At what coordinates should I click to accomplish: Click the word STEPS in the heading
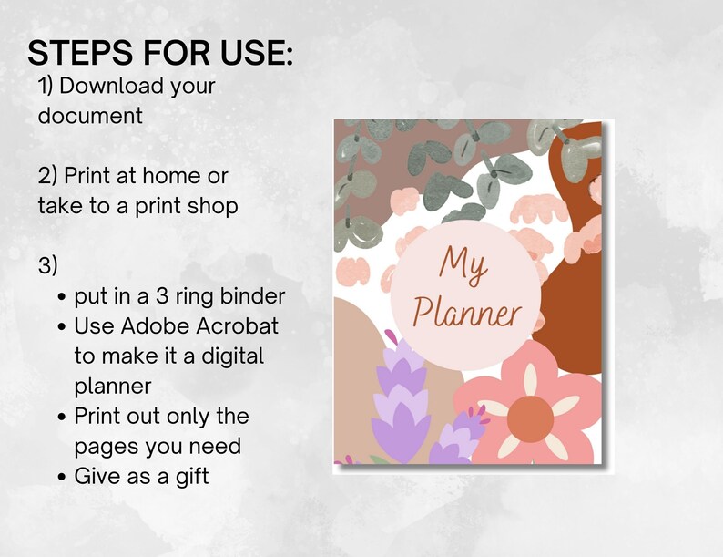[80, 53]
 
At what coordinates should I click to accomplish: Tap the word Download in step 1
[114, 87]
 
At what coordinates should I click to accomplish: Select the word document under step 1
[90, 116]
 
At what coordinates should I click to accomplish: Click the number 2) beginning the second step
[47, 175]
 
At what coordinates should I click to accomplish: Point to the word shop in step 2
[211, 205]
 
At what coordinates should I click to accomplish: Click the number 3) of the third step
[47, 265]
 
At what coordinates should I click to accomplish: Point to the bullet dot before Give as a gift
[61, 477]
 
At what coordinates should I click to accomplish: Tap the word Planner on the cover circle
[465, 314]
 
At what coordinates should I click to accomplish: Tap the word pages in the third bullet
[102, 446]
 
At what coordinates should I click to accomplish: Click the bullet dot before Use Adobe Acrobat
[61, 326]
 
